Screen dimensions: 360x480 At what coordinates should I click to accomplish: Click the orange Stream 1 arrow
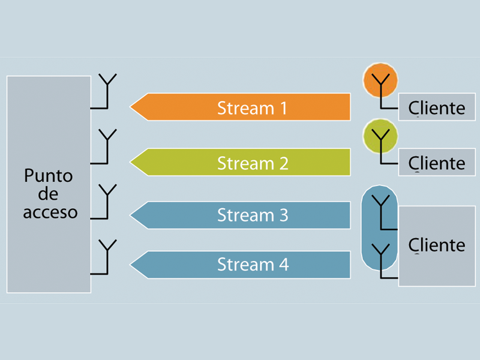[240, 107]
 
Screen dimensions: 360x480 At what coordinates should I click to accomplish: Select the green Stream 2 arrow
[240, 163]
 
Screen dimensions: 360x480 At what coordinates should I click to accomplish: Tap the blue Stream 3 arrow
[240, 215]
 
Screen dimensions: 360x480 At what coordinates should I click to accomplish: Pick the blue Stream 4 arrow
[240, 265]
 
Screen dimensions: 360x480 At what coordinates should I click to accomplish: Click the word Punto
[48, 176]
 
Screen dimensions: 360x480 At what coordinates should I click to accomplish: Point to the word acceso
[50, 212]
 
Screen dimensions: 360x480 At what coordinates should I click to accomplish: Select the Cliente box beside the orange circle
[437, 107]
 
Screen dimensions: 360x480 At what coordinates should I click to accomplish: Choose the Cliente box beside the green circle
[437, 163]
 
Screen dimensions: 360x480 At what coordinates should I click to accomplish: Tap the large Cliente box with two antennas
[437, 264]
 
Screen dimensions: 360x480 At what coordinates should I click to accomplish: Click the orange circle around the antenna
[380, 81]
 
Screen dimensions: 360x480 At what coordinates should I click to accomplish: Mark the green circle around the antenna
[380, 136]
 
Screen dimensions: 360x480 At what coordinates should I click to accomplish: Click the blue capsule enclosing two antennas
[379, 228]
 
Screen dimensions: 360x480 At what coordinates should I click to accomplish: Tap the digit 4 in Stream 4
[283, 265]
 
